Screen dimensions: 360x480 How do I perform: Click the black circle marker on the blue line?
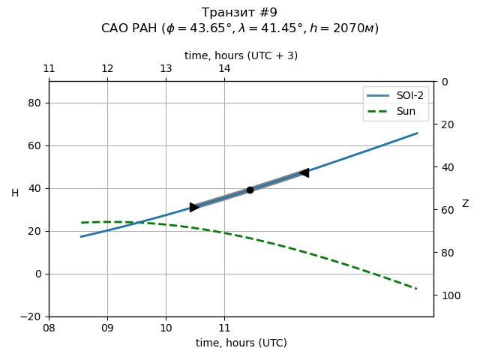coord(250,190)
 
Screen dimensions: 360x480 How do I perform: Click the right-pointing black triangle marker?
coord(194,207)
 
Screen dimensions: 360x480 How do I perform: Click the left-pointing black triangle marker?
coord(304,172)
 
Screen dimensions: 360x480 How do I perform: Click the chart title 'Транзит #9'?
coord(239,13)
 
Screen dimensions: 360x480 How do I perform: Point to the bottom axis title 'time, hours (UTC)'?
coord(241,343)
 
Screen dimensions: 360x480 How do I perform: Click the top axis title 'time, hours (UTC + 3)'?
coord(241,55)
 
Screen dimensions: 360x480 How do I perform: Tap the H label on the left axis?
coord(15,193)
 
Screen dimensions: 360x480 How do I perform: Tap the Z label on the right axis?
coord(465,204)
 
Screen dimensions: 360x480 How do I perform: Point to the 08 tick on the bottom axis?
coord(49,328)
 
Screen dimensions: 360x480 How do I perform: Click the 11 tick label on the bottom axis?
coord(224,328)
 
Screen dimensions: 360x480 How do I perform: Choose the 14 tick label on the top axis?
coord(224,69)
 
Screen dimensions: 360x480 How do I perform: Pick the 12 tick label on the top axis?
coord(107,69)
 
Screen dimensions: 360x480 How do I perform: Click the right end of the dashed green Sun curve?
coord(417,289)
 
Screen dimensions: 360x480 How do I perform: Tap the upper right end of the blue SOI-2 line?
coord(417,133)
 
